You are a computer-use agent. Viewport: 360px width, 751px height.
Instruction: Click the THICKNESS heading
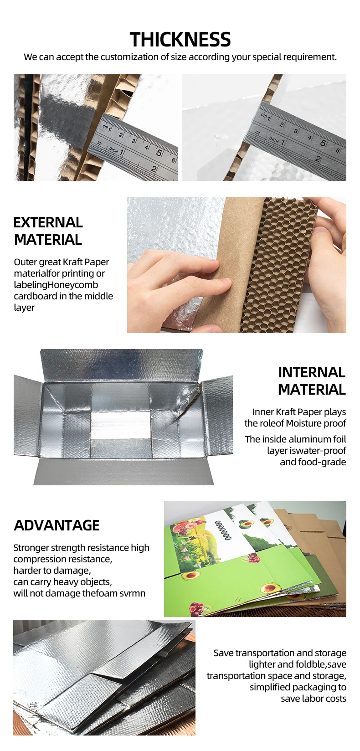[x=180, y=40]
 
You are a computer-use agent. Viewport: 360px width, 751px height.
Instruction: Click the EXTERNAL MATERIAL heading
[x=48, y=231]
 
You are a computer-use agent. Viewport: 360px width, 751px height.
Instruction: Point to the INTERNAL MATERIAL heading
[x=312, y=381]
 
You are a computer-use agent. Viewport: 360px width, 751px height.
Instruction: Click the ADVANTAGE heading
[x=57, y=525]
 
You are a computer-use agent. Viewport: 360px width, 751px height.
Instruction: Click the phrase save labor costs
[x=314, y=699]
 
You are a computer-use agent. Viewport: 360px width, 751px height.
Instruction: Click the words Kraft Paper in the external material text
[x=86, y=262]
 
